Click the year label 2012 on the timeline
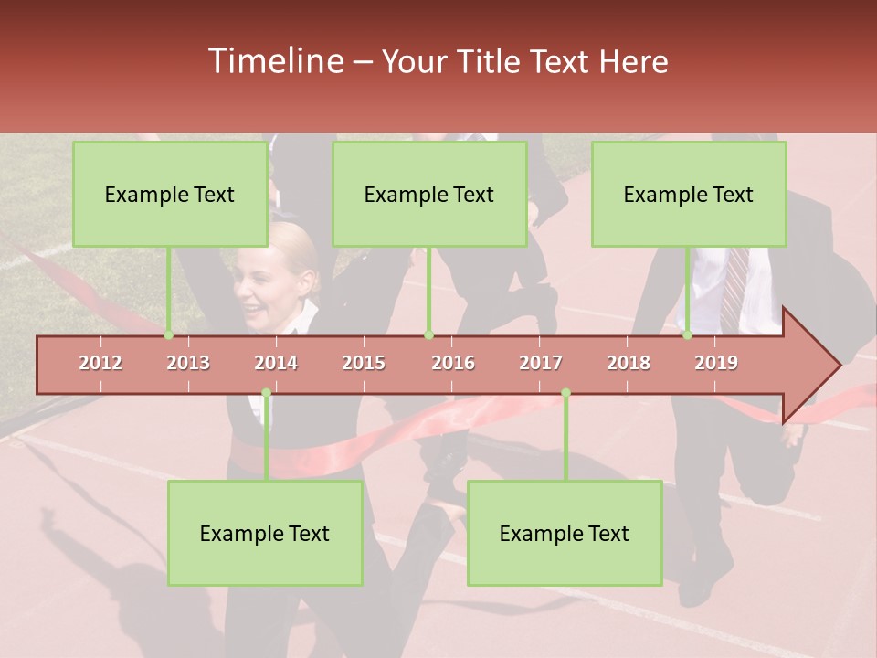coord(100,364)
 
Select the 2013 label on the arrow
coord(188,364)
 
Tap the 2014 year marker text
coord(276,364)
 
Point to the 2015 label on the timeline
coord(364,364)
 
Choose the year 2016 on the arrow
coord(453,364)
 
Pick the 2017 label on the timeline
coord(541,364)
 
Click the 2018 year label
coord(629,364)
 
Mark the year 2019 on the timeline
coord(716,364)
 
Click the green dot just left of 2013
coord(169,335)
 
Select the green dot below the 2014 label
coord(266,393)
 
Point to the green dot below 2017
coord(565,393)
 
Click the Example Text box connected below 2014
coord(265,534)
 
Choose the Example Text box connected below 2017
coord(565,534)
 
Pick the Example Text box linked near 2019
coord(689,195)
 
